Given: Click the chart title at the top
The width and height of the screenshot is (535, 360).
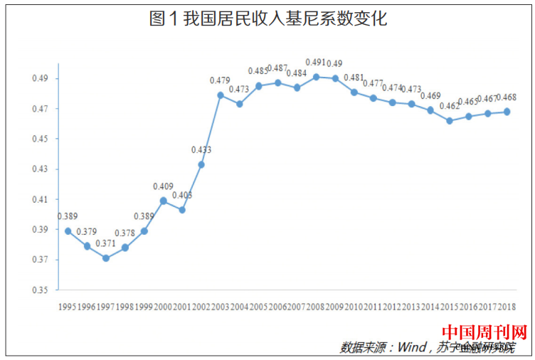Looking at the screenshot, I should tap(268, 19).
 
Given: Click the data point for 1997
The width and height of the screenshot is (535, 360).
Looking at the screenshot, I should tap(106, 258).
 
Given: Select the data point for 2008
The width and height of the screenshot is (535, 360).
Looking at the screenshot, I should tap(317, 77).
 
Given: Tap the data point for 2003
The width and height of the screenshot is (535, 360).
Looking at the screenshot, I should tap(221, 95).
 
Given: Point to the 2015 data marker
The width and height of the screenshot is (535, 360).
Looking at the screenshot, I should tap(450, 120).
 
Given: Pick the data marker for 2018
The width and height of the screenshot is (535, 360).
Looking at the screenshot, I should tap(507, 111).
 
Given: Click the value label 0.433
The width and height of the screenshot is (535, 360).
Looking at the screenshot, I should tap(201, 150).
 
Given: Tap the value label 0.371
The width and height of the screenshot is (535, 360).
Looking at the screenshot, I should tap(106, 243).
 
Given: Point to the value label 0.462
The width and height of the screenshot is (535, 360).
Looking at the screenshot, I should tap(450, 106).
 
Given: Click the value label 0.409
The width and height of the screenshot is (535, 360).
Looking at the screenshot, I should tap(163, 186).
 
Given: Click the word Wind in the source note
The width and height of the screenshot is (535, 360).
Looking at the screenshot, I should tap(410, 347).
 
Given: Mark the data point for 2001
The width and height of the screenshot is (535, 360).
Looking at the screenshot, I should tap(182, 210).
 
